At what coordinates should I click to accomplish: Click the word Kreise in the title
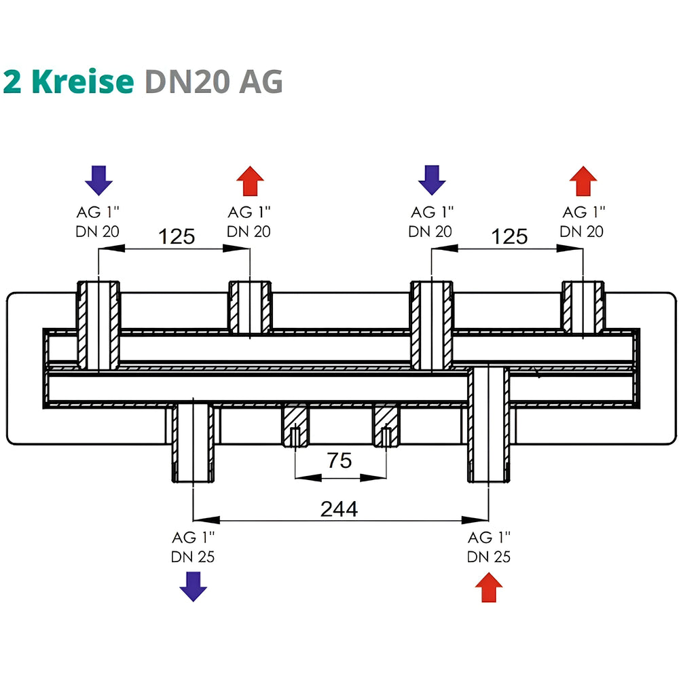tap(83, 81)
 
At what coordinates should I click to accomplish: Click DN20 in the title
tap(187, 81)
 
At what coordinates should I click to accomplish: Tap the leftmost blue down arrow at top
tap(98, 180)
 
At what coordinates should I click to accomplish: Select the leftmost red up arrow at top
tap(251, 181)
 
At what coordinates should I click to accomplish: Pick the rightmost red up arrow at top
tap(583, 181)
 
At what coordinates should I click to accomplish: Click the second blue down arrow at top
tap(432, 180)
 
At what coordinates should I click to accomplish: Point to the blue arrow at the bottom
tap(193, 587)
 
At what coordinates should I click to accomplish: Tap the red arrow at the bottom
tap(489, 587)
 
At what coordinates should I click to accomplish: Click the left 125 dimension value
tap(177, 237)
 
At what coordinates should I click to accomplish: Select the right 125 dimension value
tap(510, 237)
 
